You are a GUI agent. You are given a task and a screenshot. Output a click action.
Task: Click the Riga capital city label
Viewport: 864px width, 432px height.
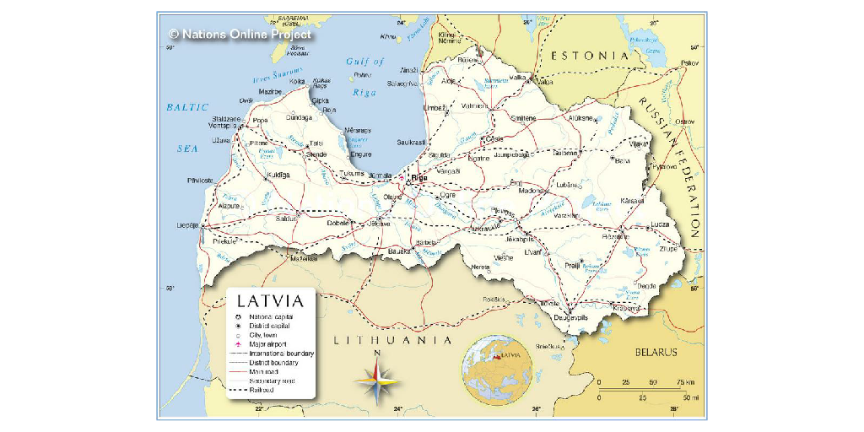tap(418, 178)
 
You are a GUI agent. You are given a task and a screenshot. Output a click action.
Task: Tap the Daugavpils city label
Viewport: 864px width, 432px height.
tap(570, 318)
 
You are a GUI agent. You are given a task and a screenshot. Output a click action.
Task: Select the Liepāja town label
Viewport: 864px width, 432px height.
tap(186, 225)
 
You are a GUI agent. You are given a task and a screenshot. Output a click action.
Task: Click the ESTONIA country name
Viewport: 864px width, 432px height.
tap(590, 56)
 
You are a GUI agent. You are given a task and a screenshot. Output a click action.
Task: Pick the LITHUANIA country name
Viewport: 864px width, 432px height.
tap(393, 340)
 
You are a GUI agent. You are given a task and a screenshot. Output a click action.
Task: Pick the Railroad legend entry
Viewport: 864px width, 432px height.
tap(262, 390)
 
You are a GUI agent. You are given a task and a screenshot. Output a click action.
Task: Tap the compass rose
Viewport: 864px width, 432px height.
tap(377, 381)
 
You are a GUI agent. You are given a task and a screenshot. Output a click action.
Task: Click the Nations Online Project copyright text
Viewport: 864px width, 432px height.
tap(240, 35)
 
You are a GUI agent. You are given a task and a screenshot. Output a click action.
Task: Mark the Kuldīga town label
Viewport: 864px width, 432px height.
tap(278, 175)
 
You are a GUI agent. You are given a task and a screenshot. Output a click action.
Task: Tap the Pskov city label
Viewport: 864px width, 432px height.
tap(689, 63)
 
